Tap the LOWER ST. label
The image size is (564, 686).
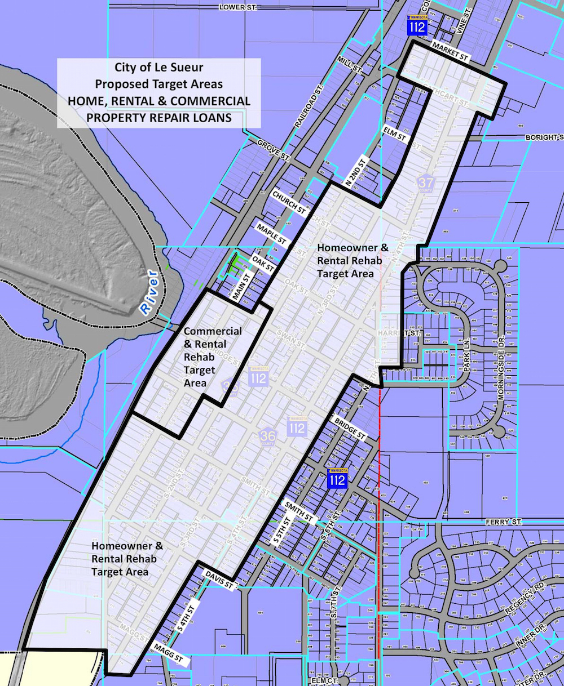240,7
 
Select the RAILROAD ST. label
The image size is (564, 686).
308,106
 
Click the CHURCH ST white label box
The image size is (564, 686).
289,202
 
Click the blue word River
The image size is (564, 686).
149,291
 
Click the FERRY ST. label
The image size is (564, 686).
504,523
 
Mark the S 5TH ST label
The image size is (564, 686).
281,529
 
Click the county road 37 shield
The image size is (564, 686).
426,183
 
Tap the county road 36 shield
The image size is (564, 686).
267,435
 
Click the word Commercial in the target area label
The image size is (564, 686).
213,331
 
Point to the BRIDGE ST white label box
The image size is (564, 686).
350,429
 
